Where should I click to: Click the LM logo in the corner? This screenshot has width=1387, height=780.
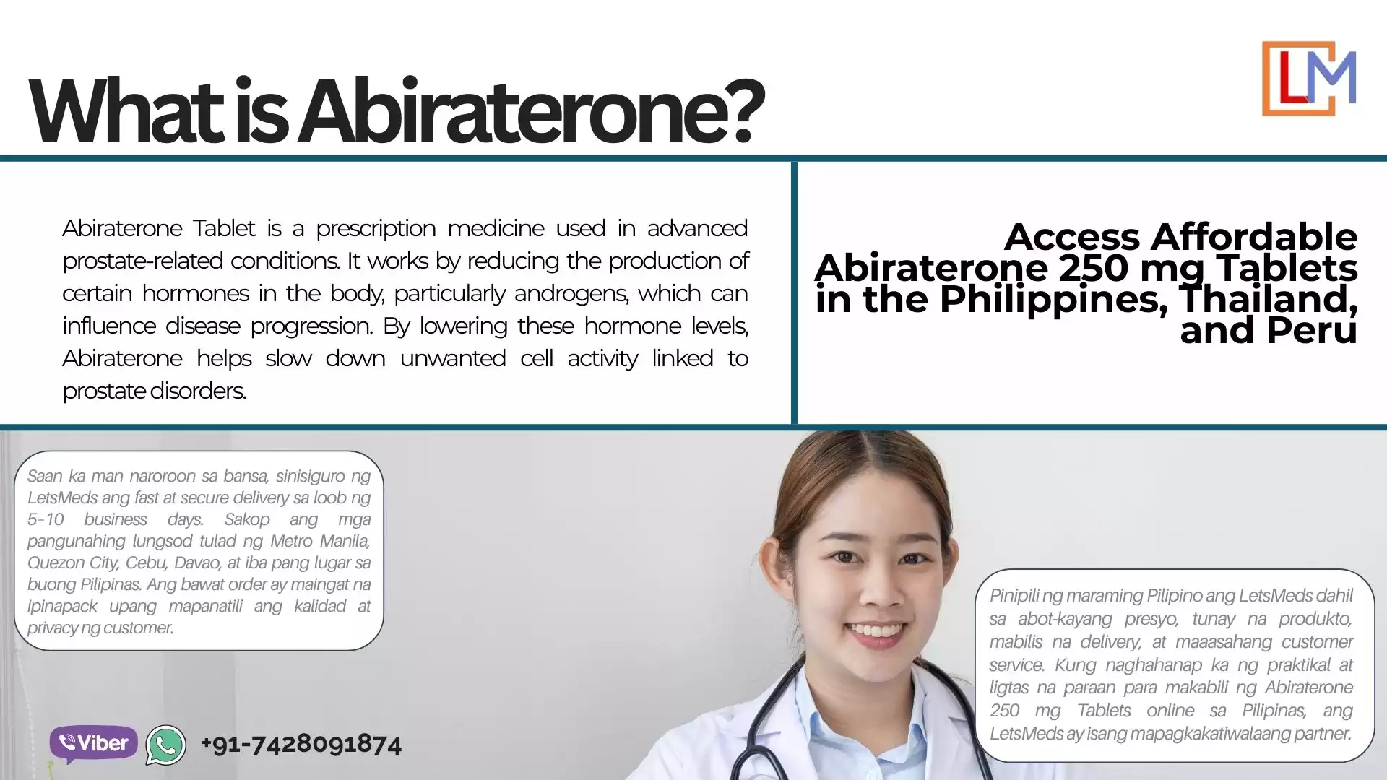point(1308,79)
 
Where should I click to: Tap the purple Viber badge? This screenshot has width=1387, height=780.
point(93,743)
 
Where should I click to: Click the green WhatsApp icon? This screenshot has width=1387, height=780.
point(166,745)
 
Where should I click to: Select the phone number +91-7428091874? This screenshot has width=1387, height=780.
point(301,744)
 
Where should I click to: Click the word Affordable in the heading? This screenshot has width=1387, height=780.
point(1253,237)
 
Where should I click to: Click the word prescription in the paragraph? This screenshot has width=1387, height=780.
point(376,229)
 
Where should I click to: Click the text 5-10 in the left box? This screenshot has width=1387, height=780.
point(46,519)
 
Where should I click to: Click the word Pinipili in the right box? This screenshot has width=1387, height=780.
point(1014,596)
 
